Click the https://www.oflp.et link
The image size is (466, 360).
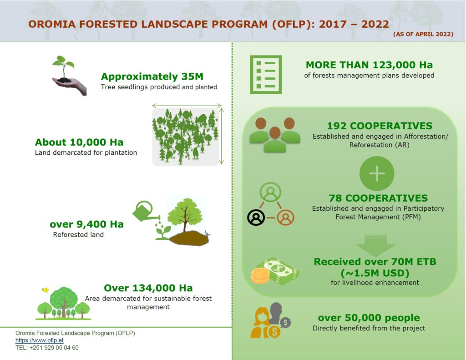pyautogui.click(x=39, y=340)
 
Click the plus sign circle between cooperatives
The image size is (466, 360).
pyautogui.click(x=377, y=173)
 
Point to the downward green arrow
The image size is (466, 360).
pyautogui.click(x=375, y=246)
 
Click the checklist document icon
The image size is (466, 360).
pyautogui.click(x=266, y=74)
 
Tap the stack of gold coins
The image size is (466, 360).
pyautogui.click(x=260, y=275)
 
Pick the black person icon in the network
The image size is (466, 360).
pyautogui.click(x=256, y=218)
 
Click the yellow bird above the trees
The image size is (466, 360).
pyautogui.click(x=46, y=289)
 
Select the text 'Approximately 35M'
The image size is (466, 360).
pyautogui.click(x=152, y=76)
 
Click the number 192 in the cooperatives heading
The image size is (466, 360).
pyautogui.click(x=337, y=126)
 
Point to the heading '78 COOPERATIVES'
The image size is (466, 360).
pyautogui.click(x=378, y=198)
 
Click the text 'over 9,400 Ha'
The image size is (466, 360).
pyautogui.click(x=86, y=224)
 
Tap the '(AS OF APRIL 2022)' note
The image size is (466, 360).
pyautogui.click(x=423, y=34)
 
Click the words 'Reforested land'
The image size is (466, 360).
pyautogui.click(x=78, y=234)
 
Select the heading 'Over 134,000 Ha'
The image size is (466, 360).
pyautogui.click(x=148, y=288)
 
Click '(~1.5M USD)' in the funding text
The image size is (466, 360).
pyautogui.click(x=375, y=273)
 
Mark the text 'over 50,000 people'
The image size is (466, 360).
pyautogui.click(x=369, y=318)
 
